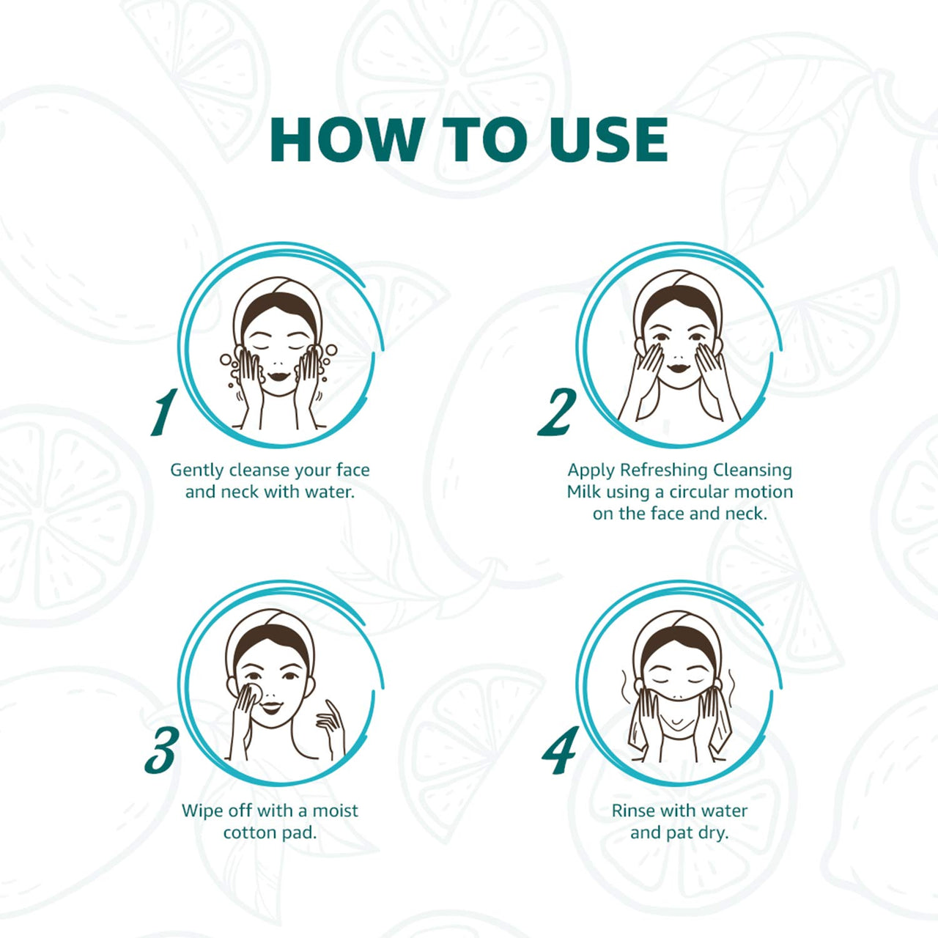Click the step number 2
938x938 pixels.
[558, 412]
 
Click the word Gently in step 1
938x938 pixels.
[197, 470]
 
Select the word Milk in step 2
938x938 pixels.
[582, 492]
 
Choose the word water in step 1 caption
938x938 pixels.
[329, 492]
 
